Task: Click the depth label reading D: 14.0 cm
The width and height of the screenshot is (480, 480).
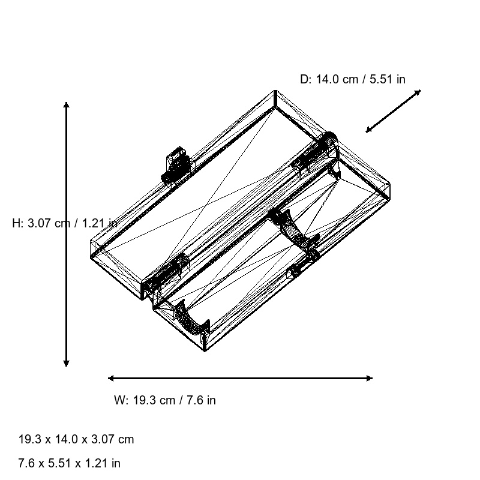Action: [x=353, y=79]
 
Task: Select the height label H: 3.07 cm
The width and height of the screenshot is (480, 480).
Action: [x=65, y=223]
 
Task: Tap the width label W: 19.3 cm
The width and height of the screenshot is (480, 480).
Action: [x=165, y=400]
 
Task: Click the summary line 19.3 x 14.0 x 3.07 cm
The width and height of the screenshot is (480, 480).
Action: [x=76, y=439]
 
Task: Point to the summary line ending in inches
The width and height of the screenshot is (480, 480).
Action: [x=70, y=463]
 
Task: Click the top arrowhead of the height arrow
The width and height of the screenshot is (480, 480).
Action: [x=67, y=104]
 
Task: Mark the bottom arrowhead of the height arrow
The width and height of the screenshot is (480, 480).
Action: [x=67, y=364]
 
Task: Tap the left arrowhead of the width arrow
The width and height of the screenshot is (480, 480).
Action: [x=110, y=378]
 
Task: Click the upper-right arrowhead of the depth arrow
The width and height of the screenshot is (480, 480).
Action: [x=419, y=91]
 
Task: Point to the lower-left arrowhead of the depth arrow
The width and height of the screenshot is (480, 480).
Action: [x=368, y=131]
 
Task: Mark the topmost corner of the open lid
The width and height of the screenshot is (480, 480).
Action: [x=275, y=91]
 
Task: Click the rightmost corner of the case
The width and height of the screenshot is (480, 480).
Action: [x=390, y=185]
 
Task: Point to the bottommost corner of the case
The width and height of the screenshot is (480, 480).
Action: [x=204, y=352]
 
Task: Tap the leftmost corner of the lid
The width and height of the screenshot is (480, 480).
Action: [x=91, y=242]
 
